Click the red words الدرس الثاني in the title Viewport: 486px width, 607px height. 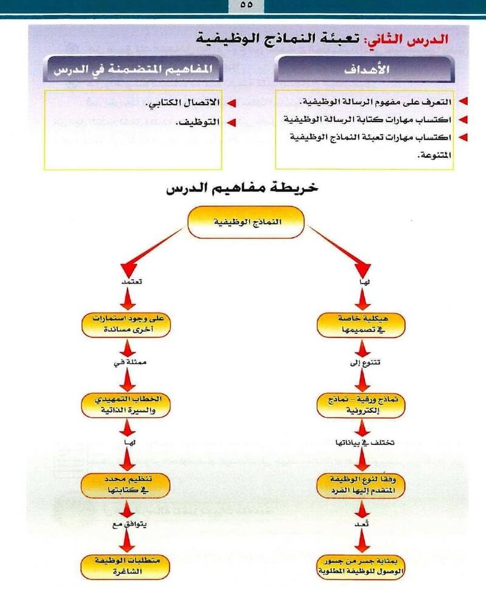414,39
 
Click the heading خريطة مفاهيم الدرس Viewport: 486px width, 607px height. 242,188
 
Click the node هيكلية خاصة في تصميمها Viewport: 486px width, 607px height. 363,324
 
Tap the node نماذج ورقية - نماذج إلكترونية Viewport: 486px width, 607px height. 363,405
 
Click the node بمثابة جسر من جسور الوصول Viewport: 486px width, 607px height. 363,565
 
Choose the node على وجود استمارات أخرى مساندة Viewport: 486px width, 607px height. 127,324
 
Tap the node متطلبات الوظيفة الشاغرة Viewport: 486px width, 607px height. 127,565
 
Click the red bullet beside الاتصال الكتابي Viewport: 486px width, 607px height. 231,104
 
